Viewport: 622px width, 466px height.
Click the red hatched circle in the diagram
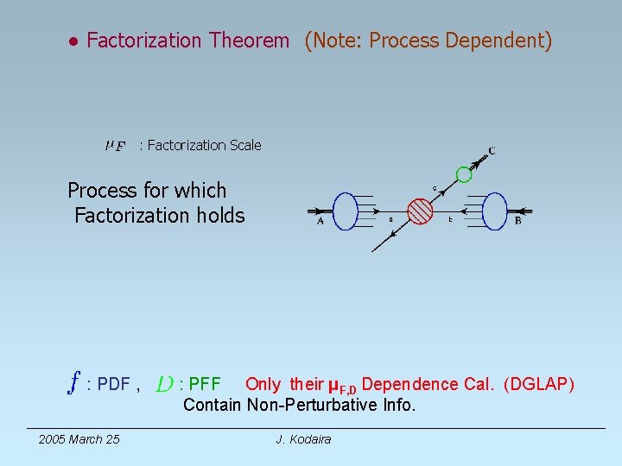tap(420, 211)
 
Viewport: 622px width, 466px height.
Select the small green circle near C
tap(464, 175)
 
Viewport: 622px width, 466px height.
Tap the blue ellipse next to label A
tap(345, 211)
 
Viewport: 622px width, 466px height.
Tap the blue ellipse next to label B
tap(495, 211)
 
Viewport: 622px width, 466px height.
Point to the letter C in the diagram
tap(492, 151)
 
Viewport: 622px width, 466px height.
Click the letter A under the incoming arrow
tap(321, 221)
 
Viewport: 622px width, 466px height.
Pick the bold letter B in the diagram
tap(518, 221)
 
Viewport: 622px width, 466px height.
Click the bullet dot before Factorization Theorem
tap(75, 41)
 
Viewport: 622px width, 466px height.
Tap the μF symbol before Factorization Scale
tap(115, 146)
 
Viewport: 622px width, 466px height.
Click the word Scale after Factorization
tap(244, 145)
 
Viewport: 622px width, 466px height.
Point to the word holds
tap(220, 215)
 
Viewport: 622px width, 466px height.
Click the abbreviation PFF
tap(205, 384)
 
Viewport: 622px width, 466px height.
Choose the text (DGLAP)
tap(539, 384)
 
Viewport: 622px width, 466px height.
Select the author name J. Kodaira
tap(303, 439)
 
